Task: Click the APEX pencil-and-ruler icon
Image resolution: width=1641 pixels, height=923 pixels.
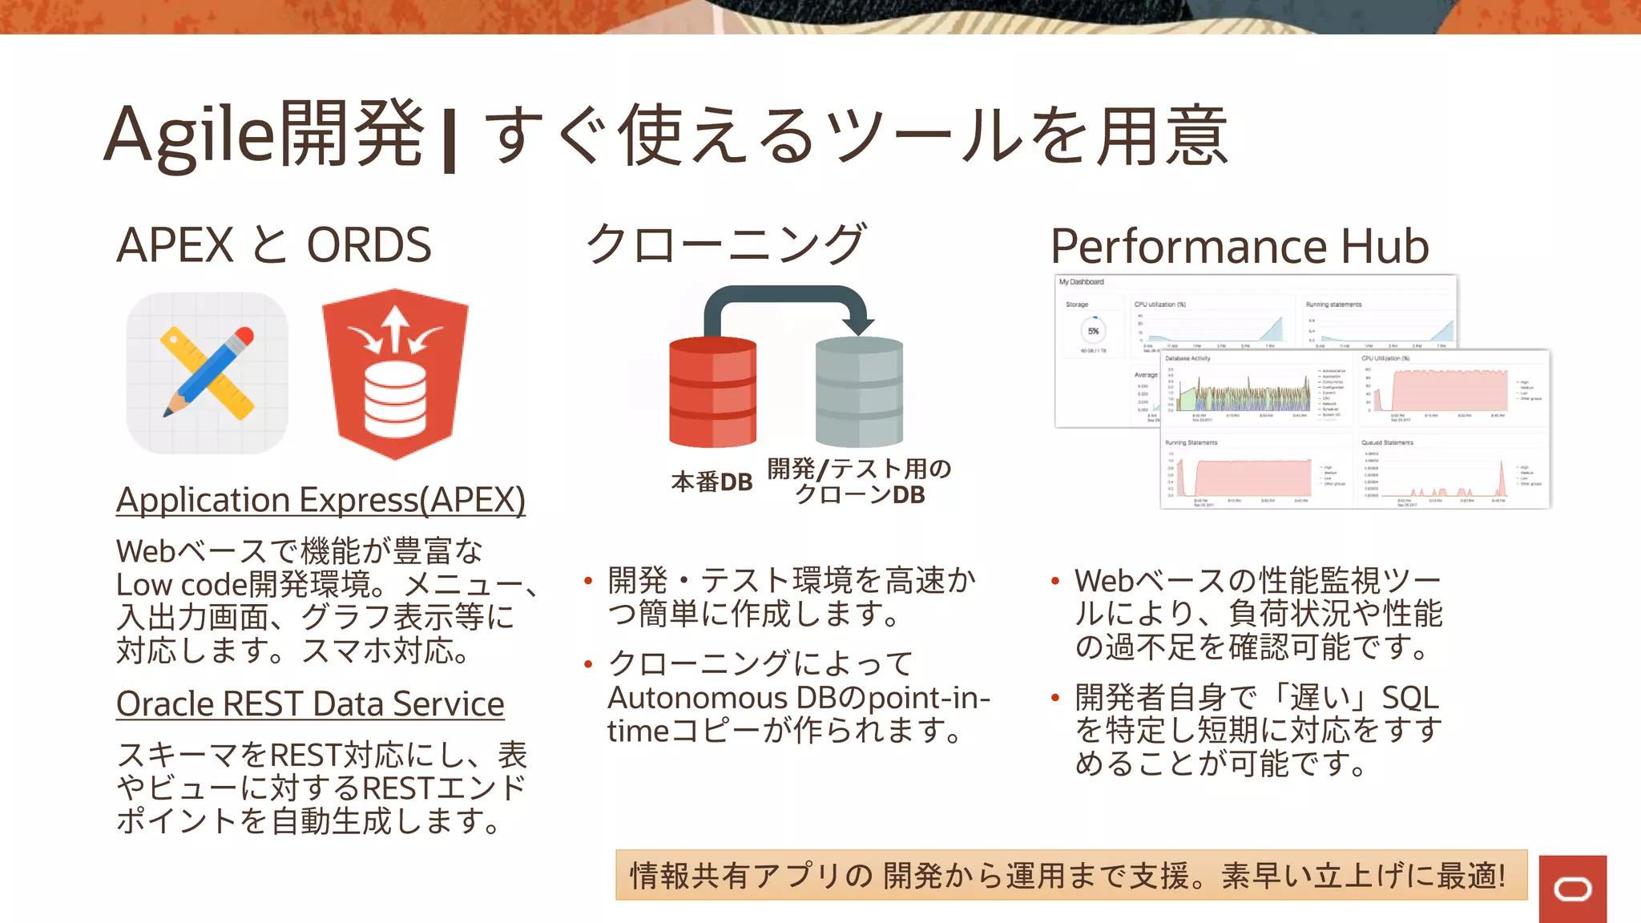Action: coord(208,373)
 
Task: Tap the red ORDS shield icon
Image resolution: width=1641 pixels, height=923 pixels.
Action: coord(395,374)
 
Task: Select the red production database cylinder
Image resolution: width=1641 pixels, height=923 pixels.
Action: coord(712,392)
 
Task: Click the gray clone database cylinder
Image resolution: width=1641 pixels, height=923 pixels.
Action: coord(859,392)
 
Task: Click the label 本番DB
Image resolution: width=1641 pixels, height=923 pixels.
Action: coord(712,482)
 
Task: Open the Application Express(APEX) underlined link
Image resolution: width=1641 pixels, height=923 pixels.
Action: coord(321,500)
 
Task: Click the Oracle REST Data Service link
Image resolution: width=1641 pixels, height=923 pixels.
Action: coord(310,704)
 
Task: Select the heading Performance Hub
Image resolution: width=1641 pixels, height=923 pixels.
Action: coord(1239,246)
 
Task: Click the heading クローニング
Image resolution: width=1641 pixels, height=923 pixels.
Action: coord(726,244)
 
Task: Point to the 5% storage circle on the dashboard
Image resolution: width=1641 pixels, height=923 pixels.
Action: coord(1093,331)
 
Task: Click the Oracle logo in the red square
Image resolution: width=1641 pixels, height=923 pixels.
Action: coord(1572,889)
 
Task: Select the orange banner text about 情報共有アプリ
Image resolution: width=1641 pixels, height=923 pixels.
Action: coord(1070,876)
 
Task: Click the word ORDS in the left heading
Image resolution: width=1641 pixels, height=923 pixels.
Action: coord(369,245)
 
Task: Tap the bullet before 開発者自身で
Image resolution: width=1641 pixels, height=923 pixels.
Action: coord(1055,698)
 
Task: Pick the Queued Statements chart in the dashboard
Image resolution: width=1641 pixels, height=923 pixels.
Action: coord(1450,473)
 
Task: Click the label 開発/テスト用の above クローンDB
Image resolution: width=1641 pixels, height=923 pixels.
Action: coord(859,469)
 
